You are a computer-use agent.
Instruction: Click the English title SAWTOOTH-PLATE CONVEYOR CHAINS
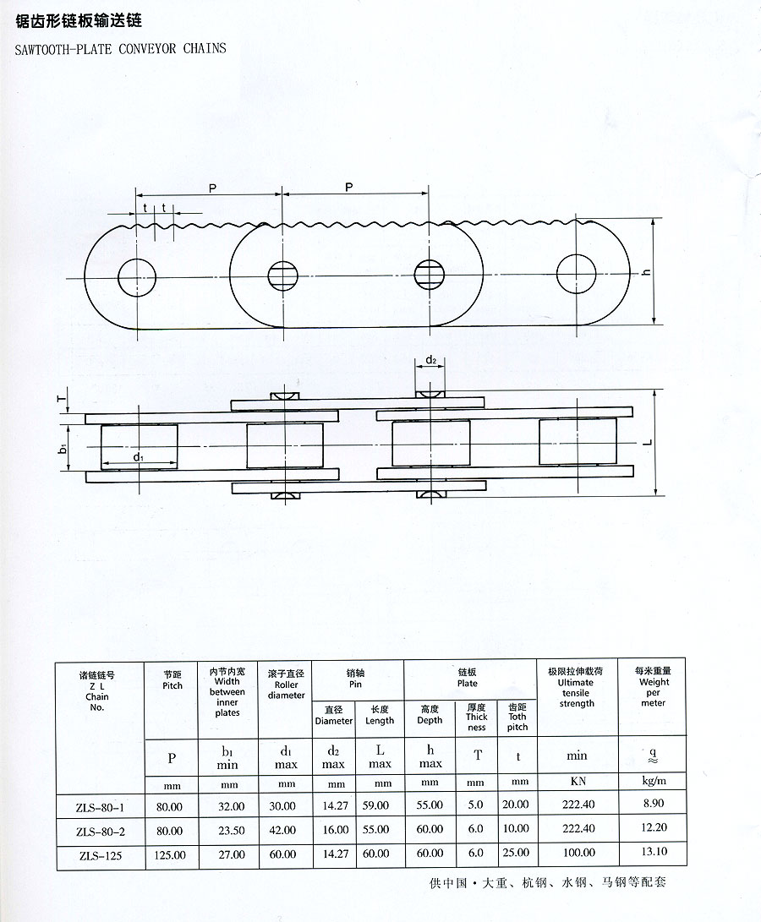[x=121, y=48]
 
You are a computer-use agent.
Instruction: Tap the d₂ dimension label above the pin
[x=431, y=359]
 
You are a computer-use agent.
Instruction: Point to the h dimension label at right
[x=646, y=271]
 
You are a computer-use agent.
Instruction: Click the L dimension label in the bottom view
[x=649, y=442]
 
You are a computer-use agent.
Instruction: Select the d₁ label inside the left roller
[x=139, y=456]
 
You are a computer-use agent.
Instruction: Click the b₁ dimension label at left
[x=63, y=450]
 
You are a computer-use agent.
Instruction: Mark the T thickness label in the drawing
[x=62, y=399]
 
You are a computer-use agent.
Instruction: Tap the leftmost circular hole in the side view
[x=137, y=277]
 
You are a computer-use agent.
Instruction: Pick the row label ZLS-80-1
[x=100, y=807]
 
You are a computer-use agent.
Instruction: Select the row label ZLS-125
[x=100, y=855]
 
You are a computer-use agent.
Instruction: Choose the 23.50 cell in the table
[x=232, y=830]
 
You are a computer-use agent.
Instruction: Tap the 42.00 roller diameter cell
[x=282, y=830]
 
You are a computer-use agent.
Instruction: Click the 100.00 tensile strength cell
[x=578, y=853]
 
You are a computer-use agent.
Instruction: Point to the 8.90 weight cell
[x=654, y=803]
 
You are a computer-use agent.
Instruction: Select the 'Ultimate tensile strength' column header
[x=576, y=687]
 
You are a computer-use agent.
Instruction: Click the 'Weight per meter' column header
[x=654, y=686]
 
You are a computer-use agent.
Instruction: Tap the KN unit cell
[x=578, y=782]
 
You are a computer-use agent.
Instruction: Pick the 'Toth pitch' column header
[x=517, y=717]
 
